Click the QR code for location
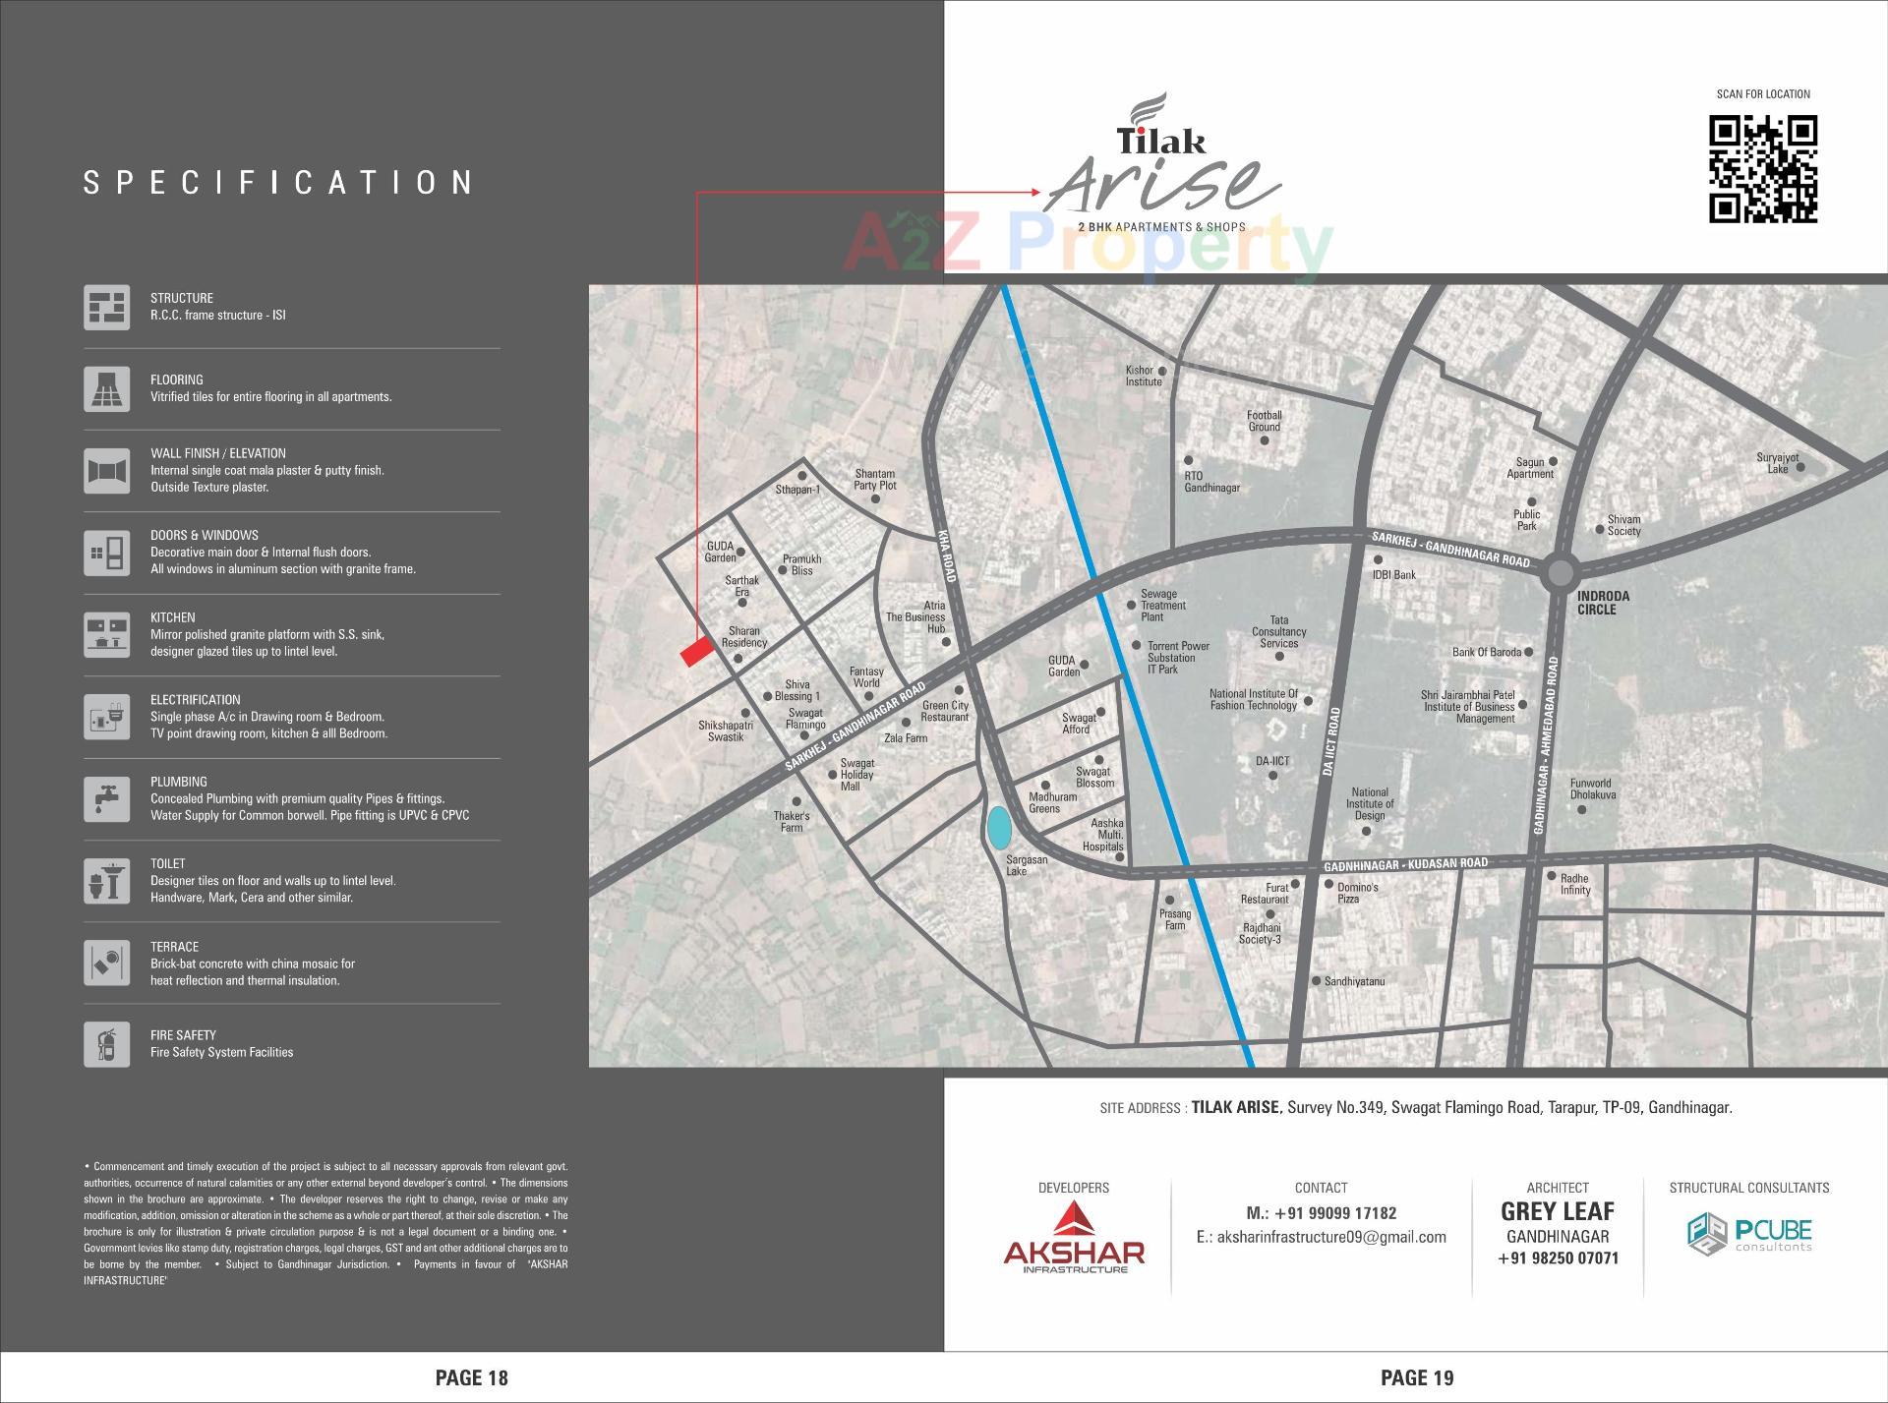pos(1762,169)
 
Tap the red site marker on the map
pos(697,652)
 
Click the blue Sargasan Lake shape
pos(998,828)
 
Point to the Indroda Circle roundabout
pos(1559,573)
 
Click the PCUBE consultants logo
pos(1749,1235)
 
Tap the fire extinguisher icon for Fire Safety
pos(106,1043)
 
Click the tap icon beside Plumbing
pos(106,798)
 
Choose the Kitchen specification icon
pos(106,634)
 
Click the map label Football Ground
pos(1265,421)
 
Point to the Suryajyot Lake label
pos(1778,463)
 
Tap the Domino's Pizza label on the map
pos(1358,893)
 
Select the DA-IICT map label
pos(1272,761)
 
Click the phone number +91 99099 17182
pos(1321,1213)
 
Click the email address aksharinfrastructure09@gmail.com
pos(1321,1237)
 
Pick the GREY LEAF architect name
pos(1558,1211)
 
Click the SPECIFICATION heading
pos(279,183)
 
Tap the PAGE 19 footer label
pos(1417,1377)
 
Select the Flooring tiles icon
pos(106,388)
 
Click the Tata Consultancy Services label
pos(1278,632)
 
